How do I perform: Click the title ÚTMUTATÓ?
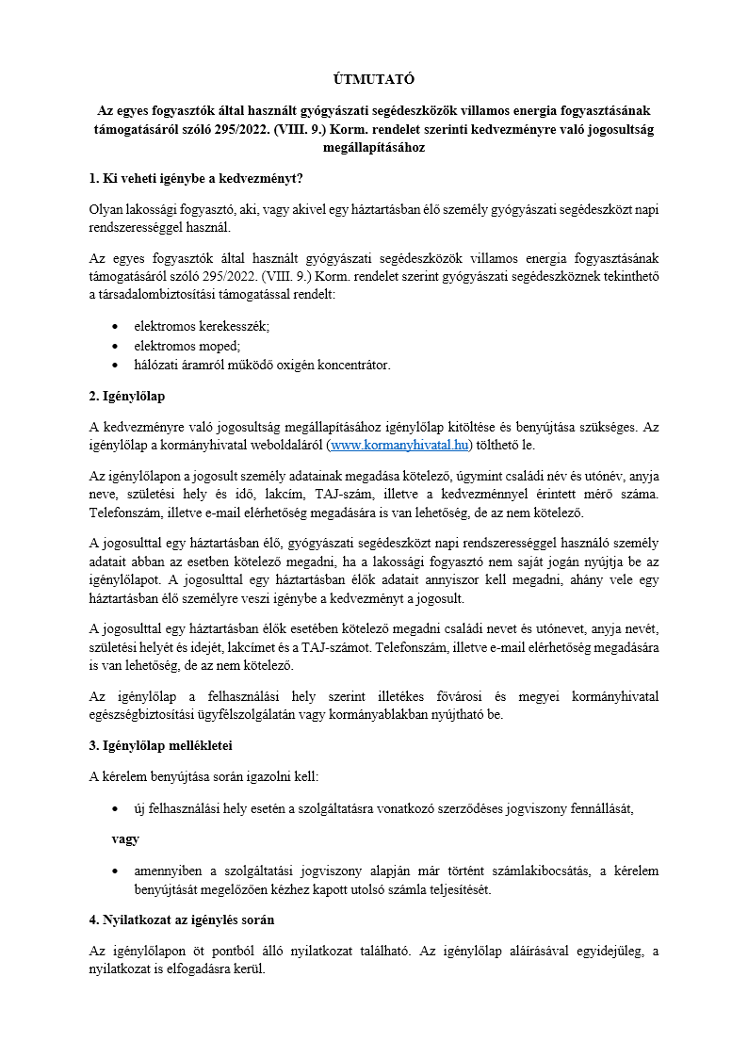(x=374, y=79)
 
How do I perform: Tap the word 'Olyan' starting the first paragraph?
(x=107, y=210)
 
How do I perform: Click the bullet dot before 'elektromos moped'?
(x=115, y=345)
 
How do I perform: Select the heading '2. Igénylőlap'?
(x=127, y=395)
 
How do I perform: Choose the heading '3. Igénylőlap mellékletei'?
(x=160, y=745)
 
